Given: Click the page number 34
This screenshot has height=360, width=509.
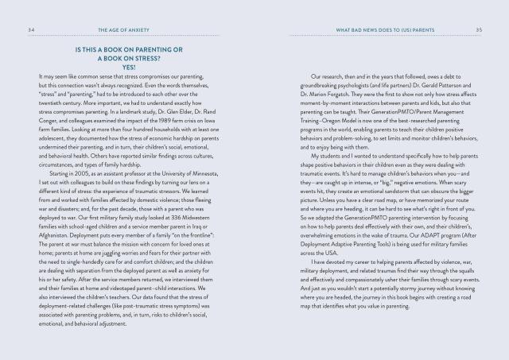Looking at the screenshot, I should click(29, 30).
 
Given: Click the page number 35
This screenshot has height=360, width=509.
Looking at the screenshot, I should click(479, 30).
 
